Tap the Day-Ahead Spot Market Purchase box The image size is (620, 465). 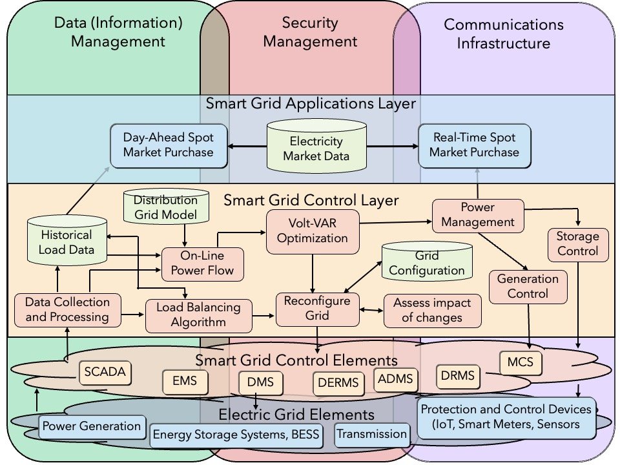(x=170, y=145)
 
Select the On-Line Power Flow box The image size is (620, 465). (x=202, y=263)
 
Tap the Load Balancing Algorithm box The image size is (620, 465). (x=198, y=315)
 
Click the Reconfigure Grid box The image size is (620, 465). (x=318, y=309)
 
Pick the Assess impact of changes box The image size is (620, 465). (x=433, y=310)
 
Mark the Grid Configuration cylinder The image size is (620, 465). (x=426, y=263)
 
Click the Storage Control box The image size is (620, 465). (x=577, y=243)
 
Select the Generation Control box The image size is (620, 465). (x=527, y=286)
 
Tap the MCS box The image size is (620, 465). (x=521, y=362)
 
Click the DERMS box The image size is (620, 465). (x=338, y=383)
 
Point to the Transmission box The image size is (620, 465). (x=372, y=434)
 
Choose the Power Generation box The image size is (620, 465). (x=92, y=426)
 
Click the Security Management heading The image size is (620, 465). (x=310, y=32)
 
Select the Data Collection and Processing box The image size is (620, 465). (x=67, y=309)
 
